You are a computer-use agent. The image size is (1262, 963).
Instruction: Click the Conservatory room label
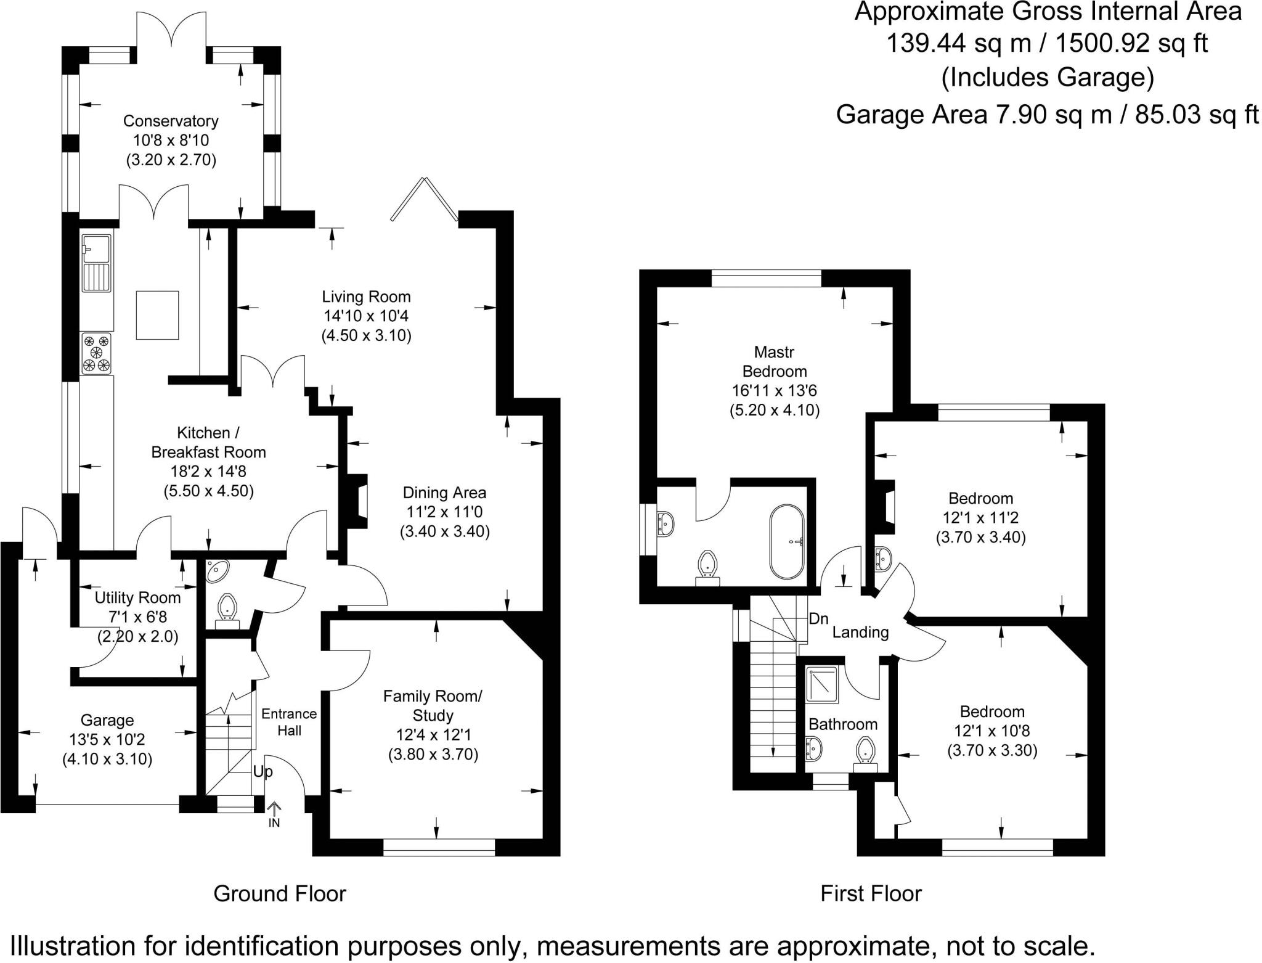pos(171,121)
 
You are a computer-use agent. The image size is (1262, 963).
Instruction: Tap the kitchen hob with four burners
pos(97,353)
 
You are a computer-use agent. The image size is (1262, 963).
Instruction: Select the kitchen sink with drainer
pos(96,263)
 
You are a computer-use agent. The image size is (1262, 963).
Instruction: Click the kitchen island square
pos(157,315)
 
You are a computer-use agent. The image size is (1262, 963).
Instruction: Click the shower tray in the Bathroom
pos(822,684)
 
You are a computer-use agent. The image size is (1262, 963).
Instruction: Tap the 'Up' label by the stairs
pos(263,772)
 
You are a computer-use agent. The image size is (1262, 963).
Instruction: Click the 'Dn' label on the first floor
pos(818,619)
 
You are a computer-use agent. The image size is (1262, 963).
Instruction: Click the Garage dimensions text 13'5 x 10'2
pos(107,739)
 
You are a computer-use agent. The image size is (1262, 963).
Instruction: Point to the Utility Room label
pos(137,597)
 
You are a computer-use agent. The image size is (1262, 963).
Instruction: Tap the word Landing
pos(860,632)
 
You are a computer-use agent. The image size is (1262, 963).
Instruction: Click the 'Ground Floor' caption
pos(280,893)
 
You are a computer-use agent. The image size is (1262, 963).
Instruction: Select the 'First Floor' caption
pos(871,893)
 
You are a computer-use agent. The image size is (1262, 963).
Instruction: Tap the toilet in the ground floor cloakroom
pos(228,608)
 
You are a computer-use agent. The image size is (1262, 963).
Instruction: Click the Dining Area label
pos(444,493)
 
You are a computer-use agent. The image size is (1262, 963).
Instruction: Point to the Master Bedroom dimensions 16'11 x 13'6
pos(775,391)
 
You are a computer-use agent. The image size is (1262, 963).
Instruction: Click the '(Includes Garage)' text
pos(1048,78)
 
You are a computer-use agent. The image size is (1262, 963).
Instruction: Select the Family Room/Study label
pos(433,705)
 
